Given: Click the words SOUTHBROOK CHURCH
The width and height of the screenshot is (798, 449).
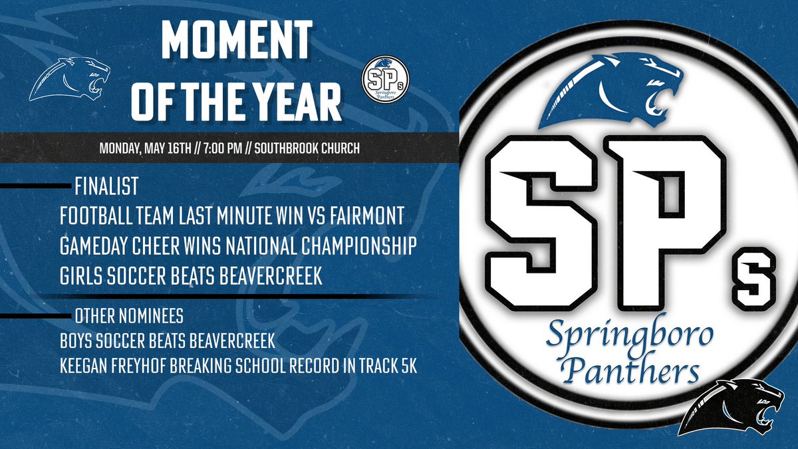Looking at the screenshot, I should click(x=310, y=148).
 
